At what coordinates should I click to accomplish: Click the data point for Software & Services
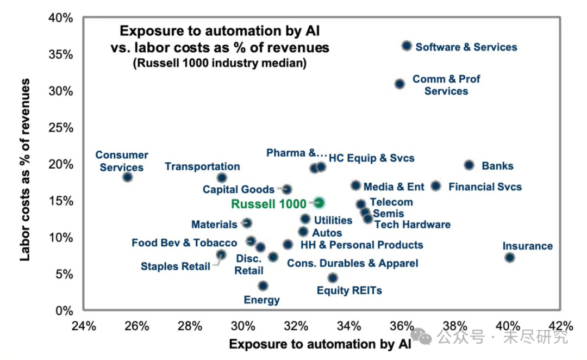407,46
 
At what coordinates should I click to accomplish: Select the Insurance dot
509,257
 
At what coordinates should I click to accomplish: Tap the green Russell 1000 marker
319,202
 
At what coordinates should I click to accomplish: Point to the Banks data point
469,165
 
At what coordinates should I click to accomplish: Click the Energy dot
263,286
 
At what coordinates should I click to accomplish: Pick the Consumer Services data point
127,177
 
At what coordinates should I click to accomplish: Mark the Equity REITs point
333,278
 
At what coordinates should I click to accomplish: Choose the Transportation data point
222,177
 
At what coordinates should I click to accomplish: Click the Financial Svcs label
485,187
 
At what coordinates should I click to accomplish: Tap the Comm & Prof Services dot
399,84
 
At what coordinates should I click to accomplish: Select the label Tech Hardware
413,224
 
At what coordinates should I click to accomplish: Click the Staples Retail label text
175,266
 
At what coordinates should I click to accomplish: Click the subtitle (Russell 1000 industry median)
219,64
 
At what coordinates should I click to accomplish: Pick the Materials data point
247,223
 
